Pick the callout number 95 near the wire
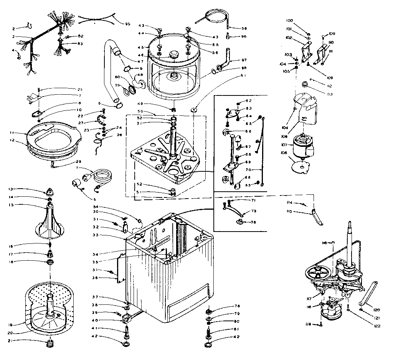pyautogui.click(x=127, y=24)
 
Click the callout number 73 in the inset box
pyautogui.click(x=253, y=211)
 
